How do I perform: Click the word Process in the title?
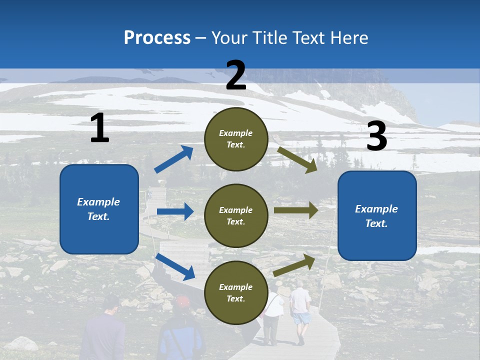coord(157,37)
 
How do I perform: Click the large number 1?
coord(99,128)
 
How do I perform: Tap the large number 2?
coord(236,75)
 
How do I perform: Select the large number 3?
coord(376,136)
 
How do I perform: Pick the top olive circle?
coord(236,139)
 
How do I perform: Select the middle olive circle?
coord(236,216)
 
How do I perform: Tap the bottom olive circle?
coord(236,293)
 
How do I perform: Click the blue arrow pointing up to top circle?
coord(174,159)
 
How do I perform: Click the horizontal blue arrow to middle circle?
coord(175,211)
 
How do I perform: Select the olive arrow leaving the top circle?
coord(297,159)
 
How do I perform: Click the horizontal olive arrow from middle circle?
coord(295,210)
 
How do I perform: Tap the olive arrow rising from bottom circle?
coord(294,265)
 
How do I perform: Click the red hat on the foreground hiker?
coord(182,301)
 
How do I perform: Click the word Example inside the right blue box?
coord(376,209)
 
